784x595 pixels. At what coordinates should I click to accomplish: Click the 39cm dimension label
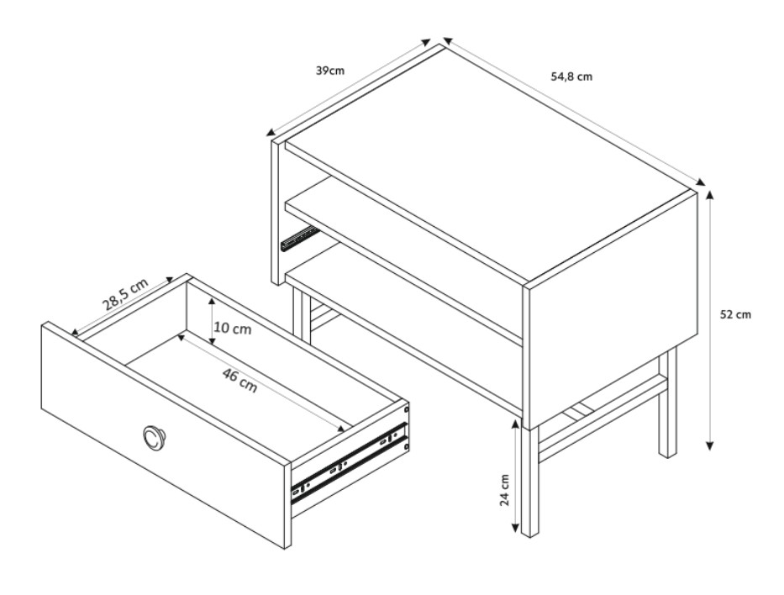330,71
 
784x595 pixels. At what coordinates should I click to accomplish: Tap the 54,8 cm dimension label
571,76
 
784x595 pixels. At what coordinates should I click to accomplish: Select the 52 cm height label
735,314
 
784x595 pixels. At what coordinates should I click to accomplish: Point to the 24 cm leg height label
504,490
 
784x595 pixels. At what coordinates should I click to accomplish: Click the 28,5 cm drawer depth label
125,294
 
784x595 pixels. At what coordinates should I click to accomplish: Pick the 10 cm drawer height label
233,329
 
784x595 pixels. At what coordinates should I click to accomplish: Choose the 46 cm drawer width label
239,381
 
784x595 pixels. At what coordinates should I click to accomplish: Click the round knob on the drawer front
152,436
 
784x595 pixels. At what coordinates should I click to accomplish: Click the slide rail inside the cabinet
299,239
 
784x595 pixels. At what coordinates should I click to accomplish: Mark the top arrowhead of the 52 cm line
710,196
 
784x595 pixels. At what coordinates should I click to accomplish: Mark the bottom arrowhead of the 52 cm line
710,445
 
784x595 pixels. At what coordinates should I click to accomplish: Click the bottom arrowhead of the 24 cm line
514,528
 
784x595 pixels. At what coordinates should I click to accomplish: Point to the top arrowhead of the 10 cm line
212,303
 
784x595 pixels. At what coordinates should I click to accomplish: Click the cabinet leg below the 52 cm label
667,403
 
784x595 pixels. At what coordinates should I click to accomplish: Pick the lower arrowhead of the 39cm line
271,133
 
